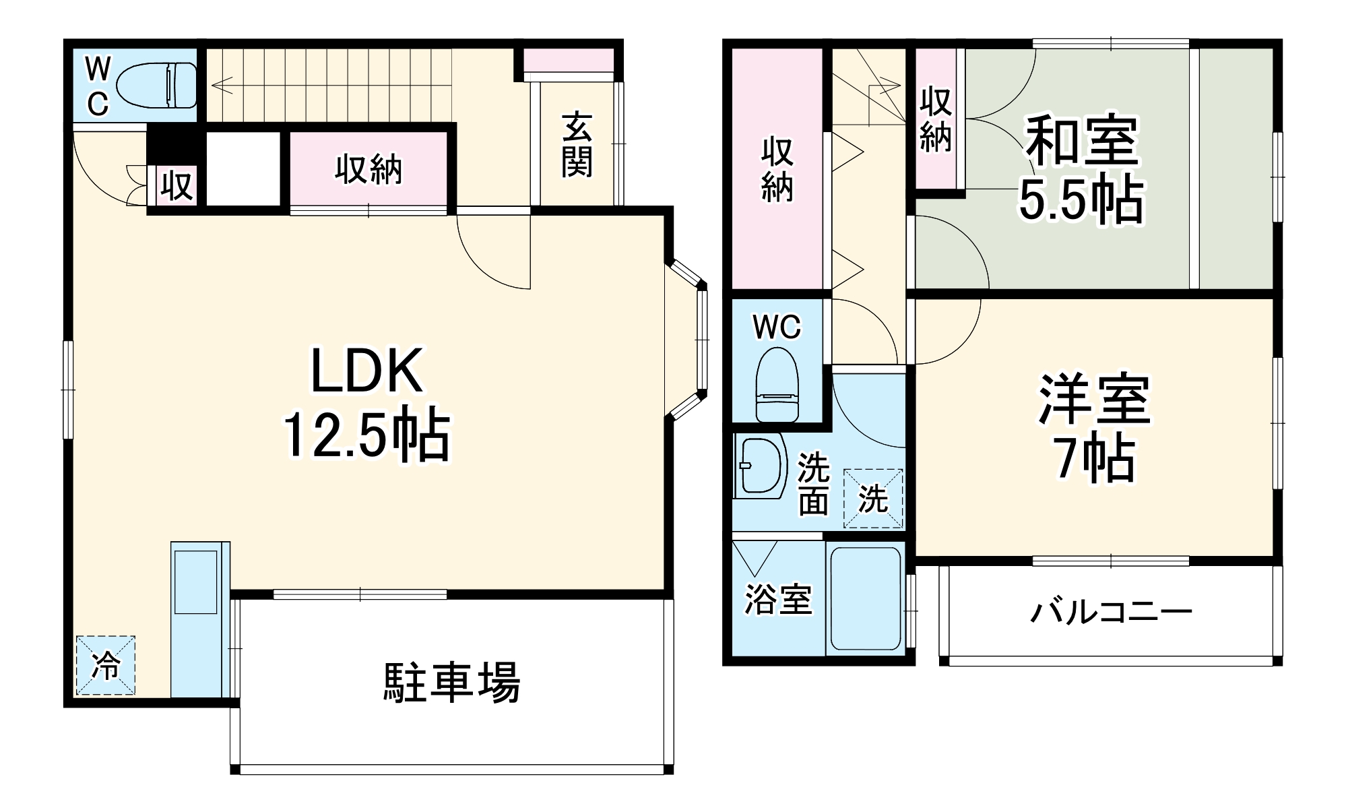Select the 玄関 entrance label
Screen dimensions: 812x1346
click(577, 146)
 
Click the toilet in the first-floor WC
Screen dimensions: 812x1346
click(157, 86)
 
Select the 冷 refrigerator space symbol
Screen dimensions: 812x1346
click(105, 665)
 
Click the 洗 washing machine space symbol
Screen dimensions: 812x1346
click(873, 499)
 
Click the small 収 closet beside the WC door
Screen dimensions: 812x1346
click(177, 185)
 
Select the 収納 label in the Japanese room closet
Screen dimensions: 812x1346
click(936, 119)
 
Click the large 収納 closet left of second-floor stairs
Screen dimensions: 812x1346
click(777, 170)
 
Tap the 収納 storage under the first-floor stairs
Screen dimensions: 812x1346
click(368, 168)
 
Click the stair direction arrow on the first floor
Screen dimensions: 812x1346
click(222, 86)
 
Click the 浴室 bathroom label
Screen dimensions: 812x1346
click(777, 598)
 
